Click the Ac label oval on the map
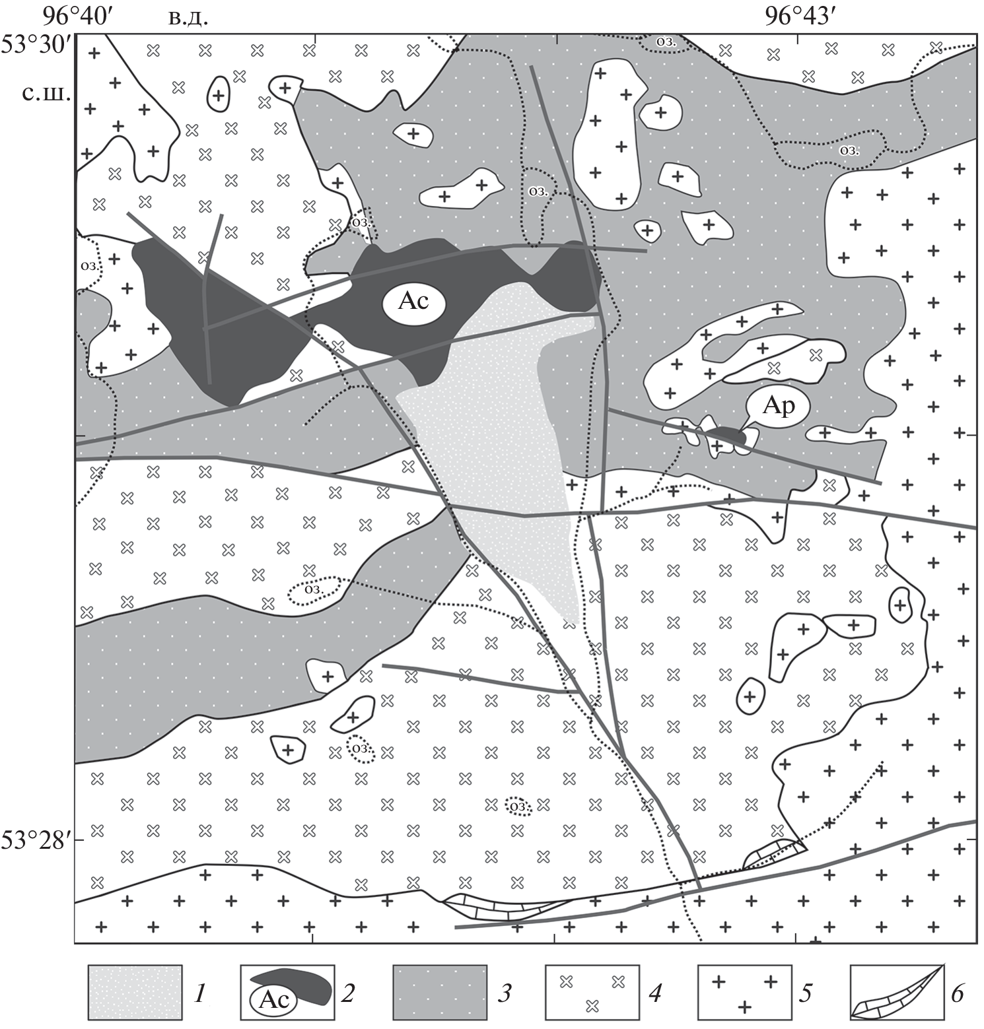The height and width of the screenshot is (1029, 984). pos(414,303)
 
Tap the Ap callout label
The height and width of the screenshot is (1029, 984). pos(779,407)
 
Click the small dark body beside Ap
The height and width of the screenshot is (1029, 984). pos(726,434)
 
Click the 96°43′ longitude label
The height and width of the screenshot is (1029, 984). pos(796,16)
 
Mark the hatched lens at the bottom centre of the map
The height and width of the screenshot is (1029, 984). pos(505,908)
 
